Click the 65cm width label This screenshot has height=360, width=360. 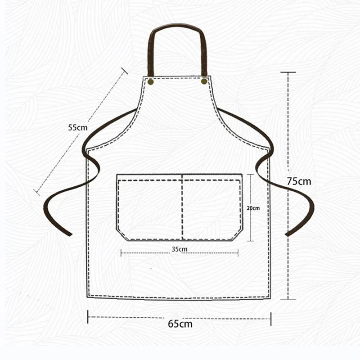180,324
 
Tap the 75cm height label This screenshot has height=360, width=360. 299,181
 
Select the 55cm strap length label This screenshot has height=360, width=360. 78,127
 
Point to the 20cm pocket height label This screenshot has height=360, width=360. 253,208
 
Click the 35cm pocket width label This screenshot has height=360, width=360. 180,249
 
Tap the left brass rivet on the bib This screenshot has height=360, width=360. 151,82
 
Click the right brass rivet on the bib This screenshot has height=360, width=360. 204,81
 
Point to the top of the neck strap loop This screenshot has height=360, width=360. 177,25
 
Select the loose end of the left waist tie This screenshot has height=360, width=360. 70,234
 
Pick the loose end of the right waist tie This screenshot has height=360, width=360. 287,234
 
